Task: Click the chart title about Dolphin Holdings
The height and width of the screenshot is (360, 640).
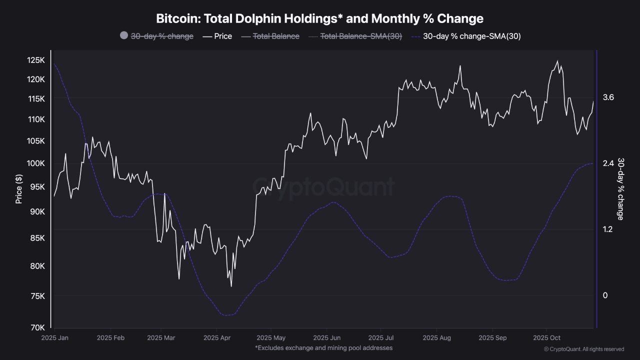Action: [x=320, y=19]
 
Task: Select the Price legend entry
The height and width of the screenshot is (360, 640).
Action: [x=217, y=36]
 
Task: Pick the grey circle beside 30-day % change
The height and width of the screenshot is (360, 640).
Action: [x=124, y=36]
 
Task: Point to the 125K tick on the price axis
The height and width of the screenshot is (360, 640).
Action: [x=36, y=60]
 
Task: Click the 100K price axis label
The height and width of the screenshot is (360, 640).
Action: [x=36, y=163]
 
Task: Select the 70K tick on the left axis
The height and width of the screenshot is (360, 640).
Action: [x=38, y=328]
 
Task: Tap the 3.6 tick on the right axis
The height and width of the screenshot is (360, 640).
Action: [x=608, y=97]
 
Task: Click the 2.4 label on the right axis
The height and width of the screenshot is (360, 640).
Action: [x=608, y=163]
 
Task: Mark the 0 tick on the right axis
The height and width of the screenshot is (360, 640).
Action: [x=605, y=295]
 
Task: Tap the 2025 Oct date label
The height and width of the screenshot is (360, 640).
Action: [x=547, y=337]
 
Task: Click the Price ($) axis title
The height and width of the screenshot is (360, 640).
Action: [x=19, y=188]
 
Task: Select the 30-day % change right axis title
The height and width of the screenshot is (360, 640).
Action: [x=620, y=188]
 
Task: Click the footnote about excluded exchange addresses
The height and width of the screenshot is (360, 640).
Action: [x=323, y=348]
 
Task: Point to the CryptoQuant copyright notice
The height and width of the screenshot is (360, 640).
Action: [x=583, y=349]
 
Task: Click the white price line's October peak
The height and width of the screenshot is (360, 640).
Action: [x=557, y=61]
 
